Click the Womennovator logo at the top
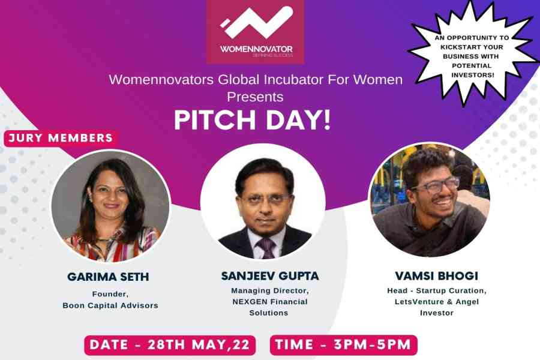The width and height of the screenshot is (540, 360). coord(256,32)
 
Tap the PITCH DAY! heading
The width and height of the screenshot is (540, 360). coord(253,120)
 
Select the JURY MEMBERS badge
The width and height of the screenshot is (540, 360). coord(61,138)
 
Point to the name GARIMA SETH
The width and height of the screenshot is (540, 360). coord(108,277)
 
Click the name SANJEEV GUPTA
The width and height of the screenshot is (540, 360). coord(270,276)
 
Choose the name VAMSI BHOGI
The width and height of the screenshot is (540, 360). coord(437,276)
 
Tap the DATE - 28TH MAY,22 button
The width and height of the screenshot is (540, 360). coord(170,345)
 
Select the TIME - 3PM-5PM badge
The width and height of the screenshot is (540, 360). coord(343,345)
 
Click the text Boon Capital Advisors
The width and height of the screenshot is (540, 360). coord(110,305)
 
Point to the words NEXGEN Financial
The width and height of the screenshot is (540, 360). coord(269,302)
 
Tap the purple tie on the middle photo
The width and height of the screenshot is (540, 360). coord(266,248)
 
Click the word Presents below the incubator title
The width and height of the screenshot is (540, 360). coord(255,97)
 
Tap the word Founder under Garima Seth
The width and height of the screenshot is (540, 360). coord(110,294)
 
